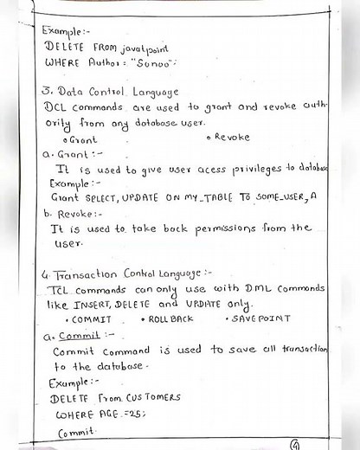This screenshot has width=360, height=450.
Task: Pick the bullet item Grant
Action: (81, 138)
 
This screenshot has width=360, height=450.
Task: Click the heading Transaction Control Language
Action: (125, 273)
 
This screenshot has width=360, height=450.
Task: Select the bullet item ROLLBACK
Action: (173, 320)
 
